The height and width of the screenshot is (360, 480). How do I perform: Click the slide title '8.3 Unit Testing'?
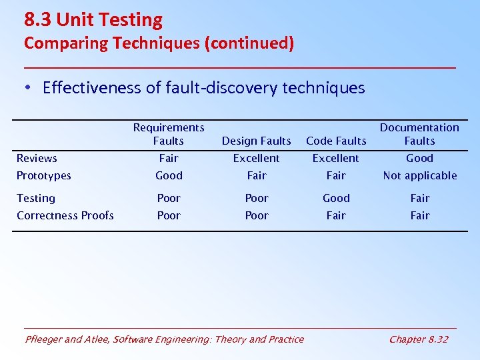click(x=93, y=20)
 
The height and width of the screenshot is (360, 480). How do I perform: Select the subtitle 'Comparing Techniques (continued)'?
click(x=159, y=43)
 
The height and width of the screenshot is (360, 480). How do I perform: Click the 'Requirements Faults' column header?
click(x=169, y=134)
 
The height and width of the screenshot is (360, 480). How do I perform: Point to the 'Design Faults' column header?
click(x=256, y=141)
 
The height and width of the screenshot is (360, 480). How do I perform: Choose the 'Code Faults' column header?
click(x=336, y=141)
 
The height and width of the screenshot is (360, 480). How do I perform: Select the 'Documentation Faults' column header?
click(x=419, y=134)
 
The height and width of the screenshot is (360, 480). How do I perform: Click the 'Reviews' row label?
click(x=37, y=158)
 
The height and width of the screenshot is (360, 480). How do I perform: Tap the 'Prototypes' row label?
click(x=44, y=175)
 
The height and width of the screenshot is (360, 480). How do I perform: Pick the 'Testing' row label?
click(x=36, y=198)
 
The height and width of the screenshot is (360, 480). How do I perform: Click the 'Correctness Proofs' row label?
click(x=65, y=215)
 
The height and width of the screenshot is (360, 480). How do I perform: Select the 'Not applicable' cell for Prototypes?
click(x=419, y=175)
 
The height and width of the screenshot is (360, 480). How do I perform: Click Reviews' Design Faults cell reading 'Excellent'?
click(x=256, y=158)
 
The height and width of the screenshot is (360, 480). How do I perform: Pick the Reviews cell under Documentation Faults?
click(x=419, y=158)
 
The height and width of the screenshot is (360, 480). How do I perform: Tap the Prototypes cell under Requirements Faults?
click(x=169, y=175)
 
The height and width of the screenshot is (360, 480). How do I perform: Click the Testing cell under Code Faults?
click(x=336, y=198)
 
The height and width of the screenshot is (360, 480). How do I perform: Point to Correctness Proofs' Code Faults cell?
click(x=336, y=215)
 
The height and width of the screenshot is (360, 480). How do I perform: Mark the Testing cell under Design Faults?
click(x=256, y=198)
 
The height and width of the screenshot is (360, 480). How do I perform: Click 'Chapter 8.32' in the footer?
click(x=418, y=339)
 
